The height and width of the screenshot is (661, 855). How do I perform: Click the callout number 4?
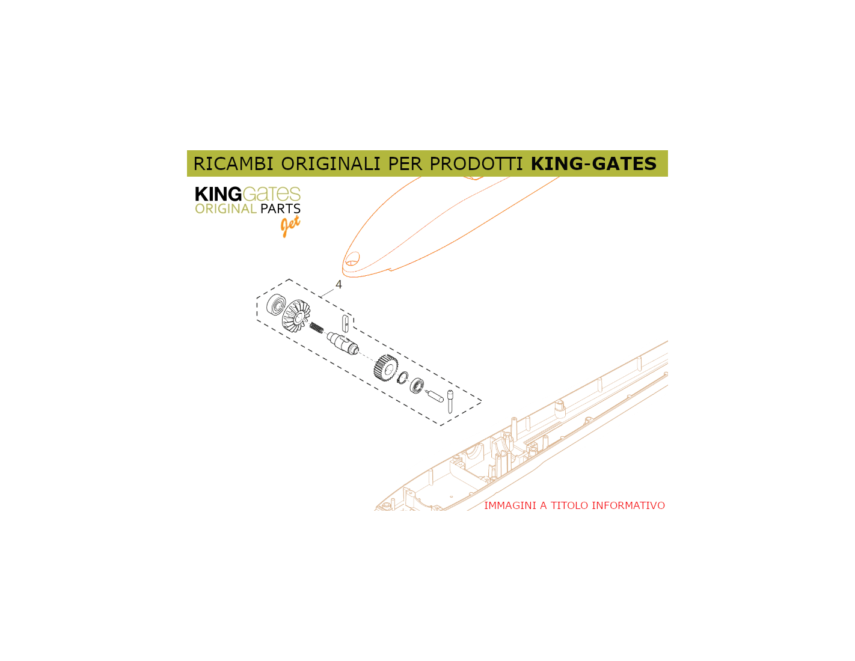coord(339,284)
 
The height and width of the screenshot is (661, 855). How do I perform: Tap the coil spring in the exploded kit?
coord(316,327)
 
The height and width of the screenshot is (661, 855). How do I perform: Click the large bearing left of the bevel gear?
coord(276,305)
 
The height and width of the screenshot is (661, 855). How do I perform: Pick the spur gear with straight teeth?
coord(386,368)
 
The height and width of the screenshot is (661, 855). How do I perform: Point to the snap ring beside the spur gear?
coord(403,377)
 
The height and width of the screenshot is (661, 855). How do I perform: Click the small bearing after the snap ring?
coord(417,385)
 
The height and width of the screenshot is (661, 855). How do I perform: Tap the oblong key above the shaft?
coord(346,323)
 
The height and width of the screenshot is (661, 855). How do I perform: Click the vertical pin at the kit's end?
coord(450,401)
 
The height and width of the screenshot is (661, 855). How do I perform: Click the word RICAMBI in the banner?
coord(233,163)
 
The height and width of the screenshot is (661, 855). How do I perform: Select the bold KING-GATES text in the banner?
coord(593,163)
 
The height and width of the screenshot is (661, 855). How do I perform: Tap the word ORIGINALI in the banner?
coord(331,163)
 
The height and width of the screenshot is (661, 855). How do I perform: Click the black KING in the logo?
coord(218,194)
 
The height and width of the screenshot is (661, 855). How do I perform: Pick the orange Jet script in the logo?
coord(290,226)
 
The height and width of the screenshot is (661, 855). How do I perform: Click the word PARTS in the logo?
coord(281,209)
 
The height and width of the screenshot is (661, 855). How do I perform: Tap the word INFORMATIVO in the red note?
coord(628,505)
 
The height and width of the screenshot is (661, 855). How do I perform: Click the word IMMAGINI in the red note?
coord(510,505)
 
